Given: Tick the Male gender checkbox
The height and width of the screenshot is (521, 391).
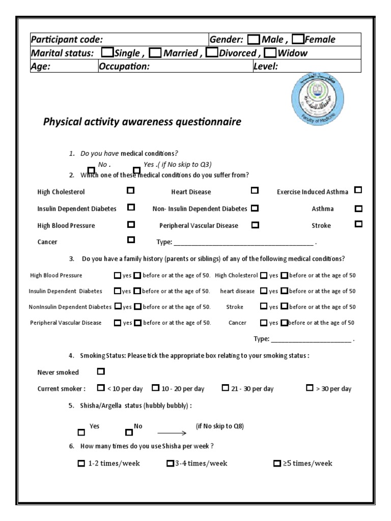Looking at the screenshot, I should [254, 40].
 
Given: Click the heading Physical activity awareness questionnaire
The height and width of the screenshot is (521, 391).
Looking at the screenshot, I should [142, 122].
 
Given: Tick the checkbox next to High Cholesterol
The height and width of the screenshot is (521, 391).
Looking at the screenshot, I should [131, 190].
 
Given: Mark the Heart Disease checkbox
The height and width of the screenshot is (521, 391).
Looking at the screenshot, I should [255, 190].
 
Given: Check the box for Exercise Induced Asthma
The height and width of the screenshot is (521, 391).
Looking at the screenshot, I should [358, 190].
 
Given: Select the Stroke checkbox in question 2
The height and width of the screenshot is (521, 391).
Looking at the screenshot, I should [358, 223].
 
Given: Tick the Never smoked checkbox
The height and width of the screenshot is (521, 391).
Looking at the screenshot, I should [100, 371].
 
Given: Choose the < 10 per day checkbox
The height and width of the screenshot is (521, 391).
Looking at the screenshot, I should [100, 388].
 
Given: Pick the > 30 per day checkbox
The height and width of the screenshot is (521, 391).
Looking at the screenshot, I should [310, 388].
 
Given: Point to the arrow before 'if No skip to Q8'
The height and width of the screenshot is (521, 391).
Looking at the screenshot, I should [172, 432].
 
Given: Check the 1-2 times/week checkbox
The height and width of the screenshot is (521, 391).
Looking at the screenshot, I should [81, 464].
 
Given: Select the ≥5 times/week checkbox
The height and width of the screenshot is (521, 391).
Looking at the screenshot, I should [277, 464].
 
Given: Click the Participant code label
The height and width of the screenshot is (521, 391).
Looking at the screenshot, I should [67, 40].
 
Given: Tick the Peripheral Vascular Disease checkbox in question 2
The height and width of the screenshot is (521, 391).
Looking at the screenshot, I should [255, 224].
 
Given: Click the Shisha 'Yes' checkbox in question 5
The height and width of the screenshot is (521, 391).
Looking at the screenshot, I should [81, 432].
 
